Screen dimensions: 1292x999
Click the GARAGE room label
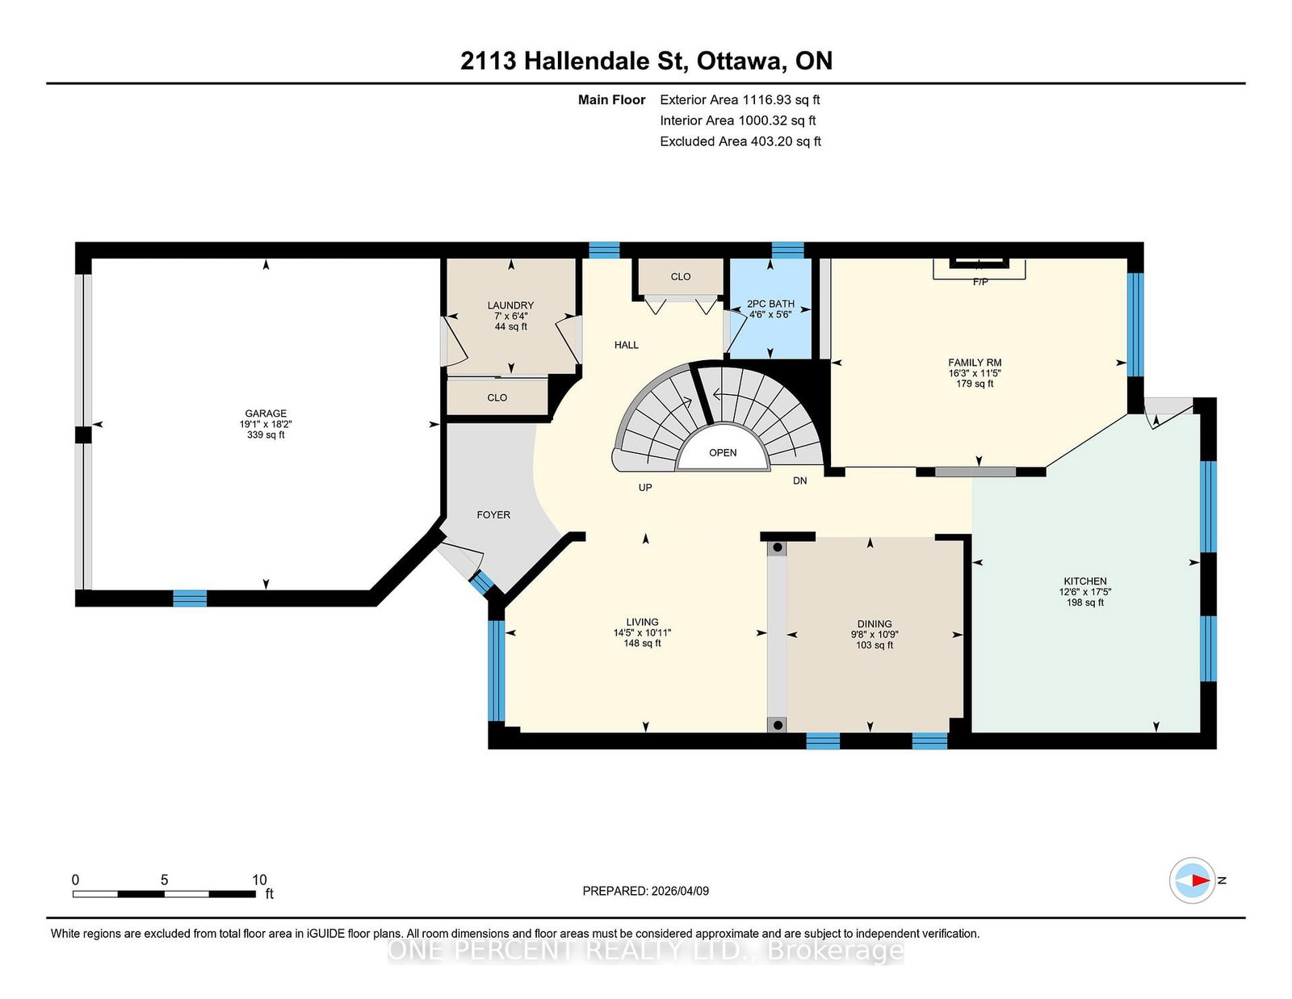coord(266,413)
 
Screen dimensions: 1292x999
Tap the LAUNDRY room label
coord(510,305)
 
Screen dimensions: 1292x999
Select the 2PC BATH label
coord(770,304)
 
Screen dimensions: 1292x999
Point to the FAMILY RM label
coord(975,362)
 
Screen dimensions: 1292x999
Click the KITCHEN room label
coord(1085,581)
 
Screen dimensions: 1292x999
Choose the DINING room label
coord(874,623)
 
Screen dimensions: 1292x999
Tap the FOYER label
coord(493,515)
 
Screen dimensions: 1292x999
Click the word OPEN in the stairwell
coord(723,452)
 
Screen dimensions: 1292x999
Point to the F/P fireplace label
coord(980,282)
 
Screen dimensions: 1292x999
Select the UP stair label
coord(645,488)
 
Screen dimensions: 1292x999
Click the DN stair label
coord(799,481)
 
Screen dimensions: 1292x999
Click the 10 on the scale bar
coord(259,879)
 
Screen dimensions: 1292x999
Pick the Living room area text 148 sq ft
coord(642,644)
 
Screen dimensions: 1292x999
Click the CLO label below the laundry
coord(497,398)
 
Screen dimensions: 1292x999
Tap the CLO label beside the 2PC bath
coord(681,276)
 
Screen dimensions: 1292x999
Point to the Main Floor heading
coord(612,100)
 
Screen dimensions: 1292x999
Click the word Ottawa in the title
coord(739,61)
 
